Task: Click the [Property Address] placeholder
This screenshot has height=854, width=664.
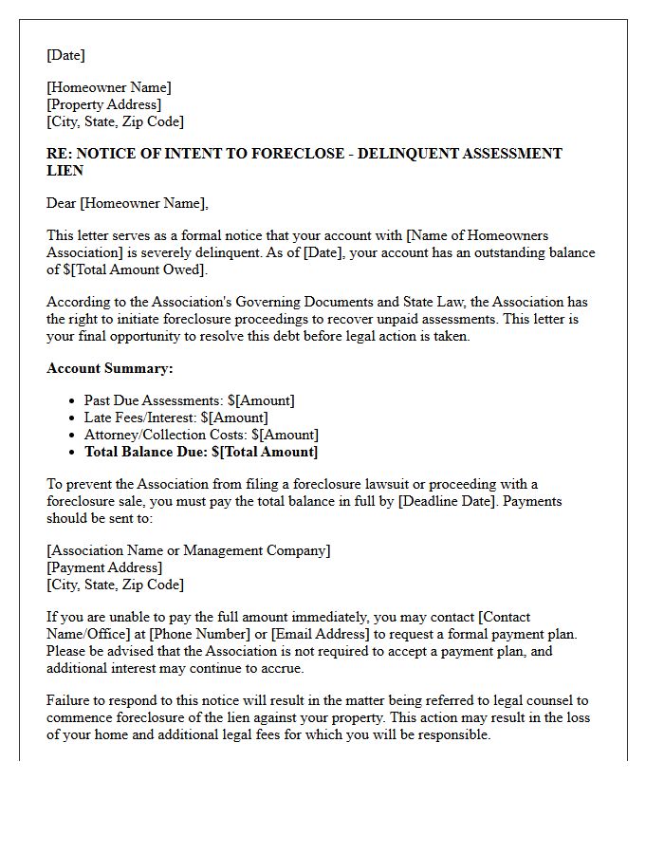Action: [104, 104]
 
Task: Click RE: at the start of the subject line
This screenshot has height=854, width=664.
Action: [60, 154]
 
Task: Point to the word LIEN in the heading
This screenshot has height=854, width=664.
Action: [65, 171]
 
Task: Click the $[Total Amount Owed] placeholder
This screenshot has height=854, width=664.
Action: [135, 269]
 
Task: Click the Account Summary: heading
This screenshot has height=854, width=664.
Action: [110, 368]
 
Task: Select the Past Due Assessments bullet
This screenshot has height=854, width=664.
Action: [189, 400]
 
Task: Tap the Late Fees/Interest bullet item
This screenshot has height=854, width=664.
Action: [175, 418]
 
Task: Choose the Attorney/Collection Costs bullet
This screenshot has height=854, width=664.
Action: [201, 435]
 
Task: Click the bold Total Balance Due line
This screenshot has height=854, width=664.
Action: [201, 452]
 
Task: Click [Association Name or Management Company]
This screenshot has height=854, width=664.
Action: [189, 550]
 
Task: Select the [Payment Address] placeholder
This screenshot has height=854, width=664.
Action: [104, 567]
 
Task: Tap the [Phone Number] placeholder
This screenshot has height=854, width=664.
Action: [196, 634]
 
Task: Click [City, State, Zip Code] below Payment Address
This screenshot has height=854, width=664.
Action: [115, 585]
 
